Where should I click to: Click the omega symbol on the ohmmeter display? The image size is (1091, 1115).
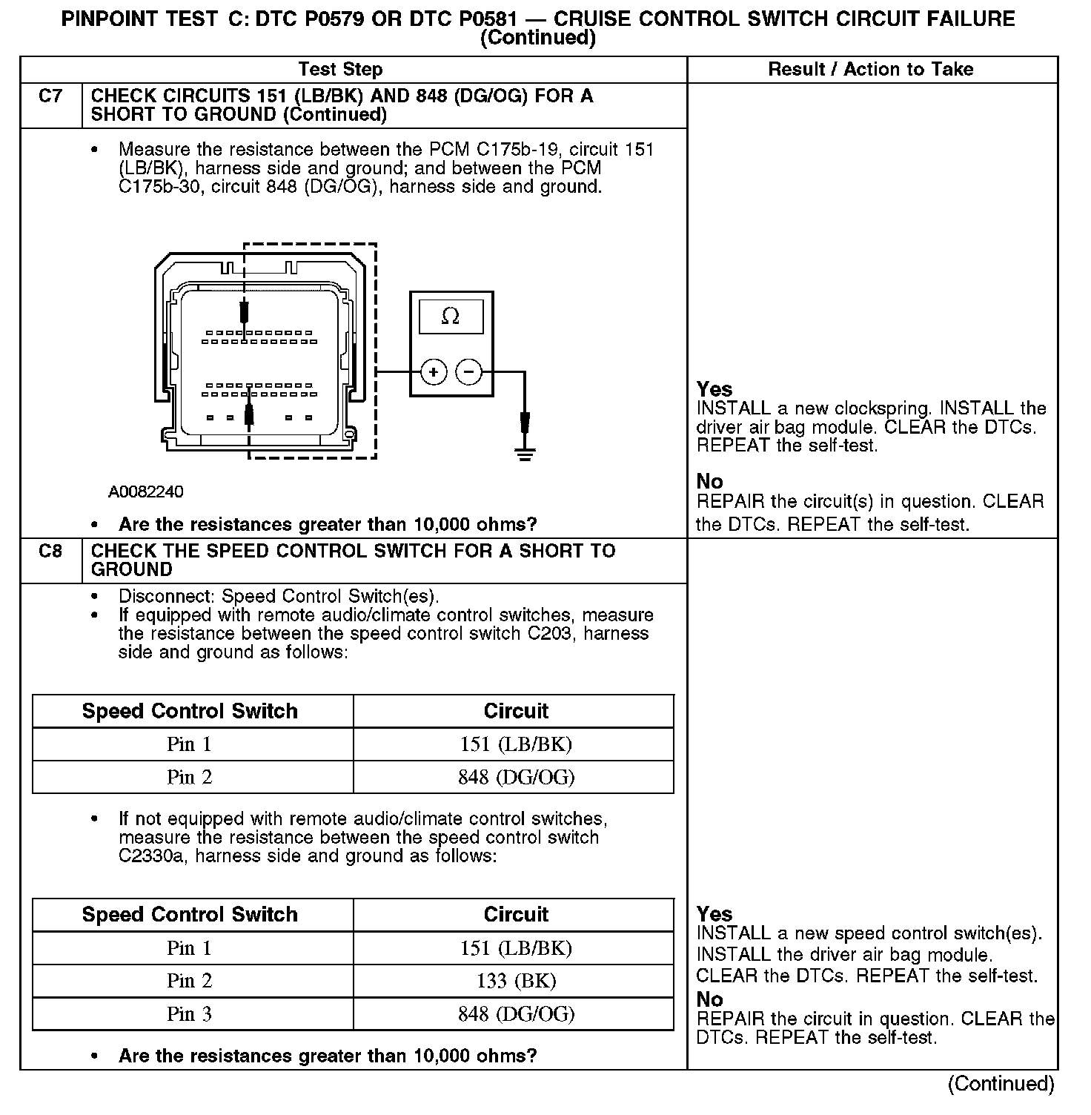pyautogui.click(x=450, y=317)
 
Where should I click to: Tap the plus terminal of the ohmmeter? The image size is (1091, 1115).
pyautogui.click(x=434, y=371)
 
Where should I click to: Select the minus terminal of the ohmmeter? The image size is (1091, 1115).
pyautogui.click(x=468, y=371)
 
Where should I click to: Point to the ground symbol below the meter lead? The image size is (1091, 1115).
pyautogui.click(x=525, y=454)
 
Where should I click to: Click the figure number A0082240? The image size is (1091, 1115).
pyautogui.click(x=146, y=492)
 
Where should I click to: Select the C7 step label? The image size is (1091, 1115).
pyautogui.click(x=50, y=96)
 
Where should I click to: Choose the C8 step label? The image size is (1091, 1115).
pyautogui.click(x=50, y=552)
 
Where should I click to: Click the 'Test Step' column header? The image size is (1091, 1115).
pyautogui.click(x=340, y=70)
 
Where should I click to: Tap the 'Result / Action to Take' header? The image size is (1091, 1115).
pyautogui.click(x=871, y=70)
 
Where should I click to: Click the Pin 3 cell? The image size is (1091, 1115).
pyautogui.click(x=189, y=1014)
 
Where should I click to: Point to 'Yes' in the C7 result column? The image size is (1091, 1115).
pyautogui.click(x=714, y=389)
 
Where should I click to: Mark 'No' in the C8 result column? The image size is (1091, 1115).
pyautogui.click(x=709, y=999)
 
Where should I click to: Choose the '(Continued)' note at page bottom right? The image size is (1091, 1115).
pyautogui.click(x=1001, y=1084)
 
